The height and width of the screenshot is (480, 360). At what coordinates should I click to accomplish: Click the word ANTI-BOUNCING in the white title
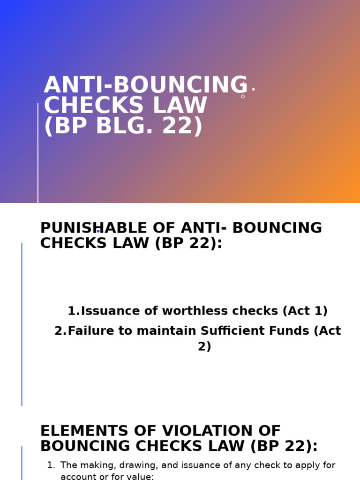pos(145,86)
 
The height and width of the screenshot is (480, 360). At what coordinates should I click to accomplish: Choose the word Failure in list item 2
pos(91,331)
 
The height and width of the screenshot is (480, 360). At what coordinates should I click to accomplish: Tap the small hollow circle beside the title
pos(243,97)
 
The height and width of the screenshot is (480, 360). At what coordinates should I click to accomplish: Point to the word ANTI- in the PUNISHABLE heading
pos(204,228)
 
